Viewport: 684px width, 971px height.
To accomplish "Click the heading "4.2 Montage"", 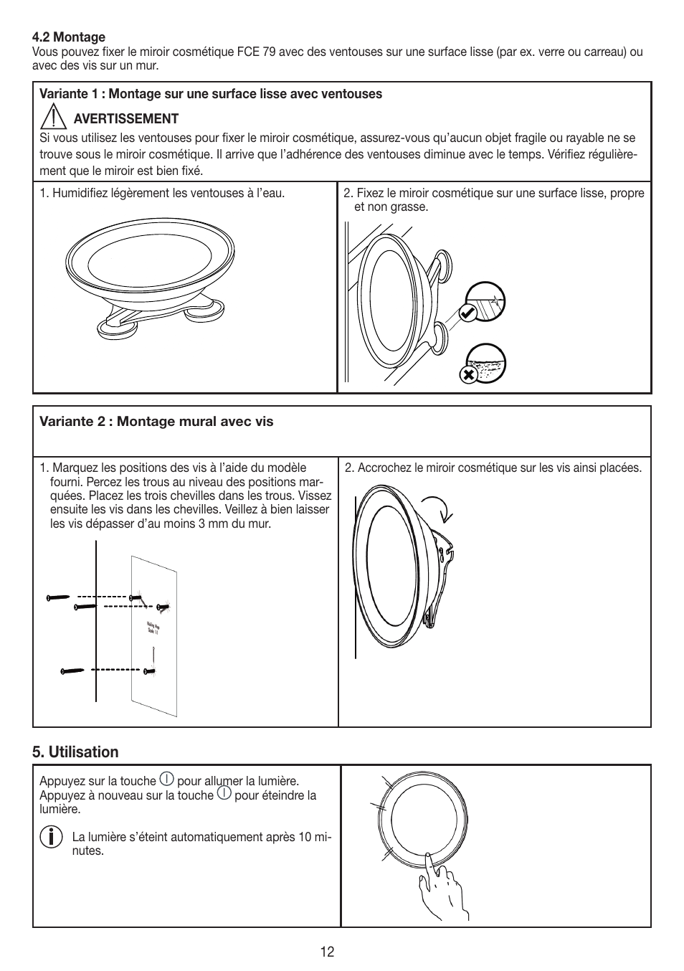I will click(x=69, y=37).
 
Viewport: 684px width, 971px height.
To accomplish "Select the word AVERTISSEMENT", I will click(x=126, y=119).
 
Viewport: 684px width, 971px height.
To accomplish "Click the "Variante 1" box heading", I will click(x=211, y=94).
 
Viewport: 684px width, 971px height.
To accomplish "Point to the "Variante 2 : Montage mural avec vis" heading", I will click(x=156, y=422).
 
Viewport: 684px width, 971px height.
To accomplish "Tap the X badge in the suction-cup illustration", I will click(x=468, y=374).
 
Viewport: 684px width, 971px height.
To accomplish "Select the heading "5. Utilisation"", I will click(x=75, y=752).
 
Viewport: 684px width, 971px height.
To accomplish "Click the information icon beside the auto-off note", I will click(x=49, y=837).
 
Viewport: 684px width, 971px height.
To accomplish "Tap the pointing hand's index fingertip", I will click(x=428, y=856).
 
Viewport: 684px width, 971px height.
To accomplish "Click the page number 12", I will click(x=327, y=952).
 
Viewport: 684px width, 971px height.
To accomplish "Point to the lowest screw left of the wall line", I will click(x=72, y=671).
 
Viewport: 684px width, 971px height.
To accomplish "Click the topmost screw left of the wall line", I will click(x=58, y=597).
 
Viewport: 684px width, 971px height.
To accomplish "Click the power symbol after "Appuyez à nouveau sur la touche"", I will click(x=224, y=794).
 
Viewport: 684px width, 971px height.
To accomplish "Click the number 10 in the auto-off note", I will click(x=298, y=837).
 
